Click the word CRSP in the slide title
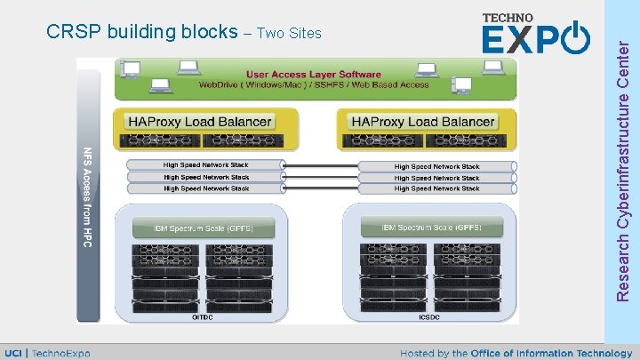pyautogui.click(x=74, y=33)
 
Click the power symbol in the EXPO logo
pyautogui.click(x=575, y=38)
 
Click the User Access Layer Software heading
pyautogui.click(x=314, y=75)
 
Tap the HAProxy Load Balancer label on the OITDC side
pyautogui.click(x=200, y=121)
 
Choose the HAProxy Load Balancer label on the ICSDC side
pyautogui.click(x=423, y=121)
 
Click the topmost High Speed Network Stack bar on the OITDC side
pyautogui.click(x=205, y=165)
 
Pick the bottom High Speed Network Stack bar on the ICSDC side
pyautogui.click(x=436, y=188)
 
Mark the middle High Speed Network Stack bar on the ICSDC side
pyautogui.click(x=436, y=178)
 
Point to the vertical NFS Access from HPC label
pyautogui.click(x=87, y=196)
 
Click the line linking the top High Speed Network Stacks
pyautogui.click(x=320, y=165)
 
